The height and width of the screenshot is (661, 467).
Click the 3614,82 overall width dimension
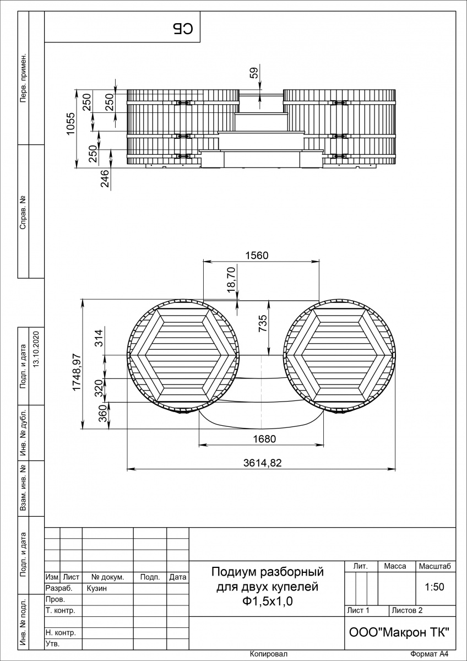click(262, 463)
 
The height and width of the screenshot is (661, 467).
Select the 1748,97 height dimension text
click(77, 372)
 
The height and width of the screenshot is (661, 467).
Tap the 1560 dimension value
click(257, 256)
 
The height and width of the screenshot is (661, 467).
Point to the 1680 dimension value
click(264, 439)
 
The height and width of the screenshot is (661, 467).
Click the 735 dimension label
click(262, 323)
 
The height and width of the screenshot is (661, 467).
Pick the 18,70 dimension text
click(232, 279)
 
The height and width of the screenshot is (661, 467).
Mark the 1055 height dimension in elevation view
click(71, 123)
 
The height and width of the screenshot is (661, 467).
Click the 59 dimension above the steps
click(254, 73)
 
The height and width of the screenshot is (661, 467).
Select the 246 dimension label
click(105, 178)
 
